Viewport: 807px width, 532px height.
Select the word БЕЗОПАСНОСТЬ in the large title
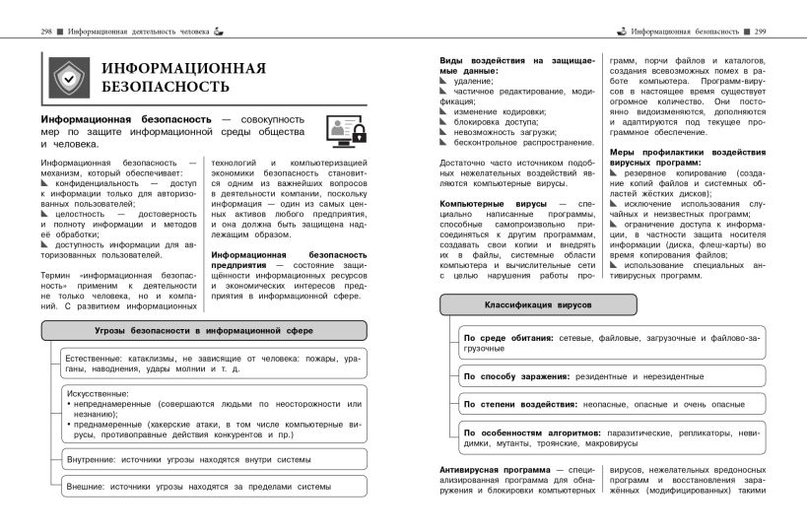pyautogui.click(x=165, y=87)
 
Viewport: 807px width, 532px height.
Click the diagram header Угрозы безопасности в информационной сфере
pyautogui.click(x=204, y=330)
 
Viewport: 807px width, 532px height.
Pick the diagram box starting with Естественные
pyautogui.click(x=213, y=363)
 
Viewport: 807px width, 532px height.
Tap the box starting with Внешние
pyautogui.click(x=213, y=486)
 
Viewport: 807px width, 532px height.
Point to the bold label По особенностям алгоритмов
pyautogui.click(x=527, y=432)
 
